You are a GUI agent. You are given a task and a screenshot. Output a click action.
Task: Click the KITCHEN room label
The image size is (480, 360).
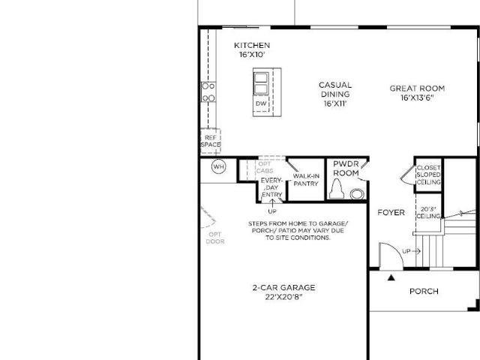pos(252,45)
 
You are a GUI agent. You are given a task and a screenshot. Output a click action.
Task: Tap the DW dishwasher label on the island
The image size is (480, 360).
pos(261,103)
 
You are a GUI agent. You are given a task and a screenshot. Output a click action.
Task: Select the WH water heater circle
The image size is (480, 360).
pos(219,166)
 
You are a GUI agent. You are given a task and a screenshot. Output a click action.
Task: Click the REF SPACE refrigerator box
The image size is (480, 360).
pos(211,141)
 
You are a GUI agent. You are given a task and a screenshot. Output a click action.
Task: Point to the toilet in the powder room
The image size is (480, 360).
pos(337,188)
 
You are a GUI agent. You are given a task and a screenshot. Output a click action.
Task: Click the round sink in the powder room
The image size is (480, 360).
pos(357,194)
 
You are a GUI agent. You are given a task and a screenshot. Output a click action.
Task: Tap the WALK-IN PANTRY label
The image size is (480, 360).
pos(306,180)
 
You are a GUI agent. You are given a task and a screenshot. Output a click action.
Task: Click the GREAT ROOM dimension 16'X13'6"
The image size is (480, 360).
pos(418,98)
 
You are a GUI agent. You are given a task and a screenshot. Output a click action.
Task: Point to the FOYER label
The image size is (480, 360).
pos(391,212)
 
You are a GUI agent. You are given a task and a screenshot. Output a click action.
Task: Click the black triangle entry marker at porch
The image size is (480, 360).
pos(391,277)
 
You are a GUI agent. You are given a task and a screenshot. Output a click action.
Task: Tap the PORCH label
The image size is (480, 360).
pos(424,291)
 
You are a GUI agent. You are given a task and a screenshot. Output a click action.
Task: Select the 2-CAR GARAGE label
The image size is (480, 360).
pos(283,288)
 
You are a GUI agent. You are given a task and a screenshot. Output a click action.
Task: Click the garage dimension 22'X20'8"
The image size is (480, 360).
pos(283,297)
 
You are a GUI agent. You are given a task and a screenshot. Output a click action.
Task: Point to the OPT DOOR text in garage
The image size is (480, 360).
pos(215,238)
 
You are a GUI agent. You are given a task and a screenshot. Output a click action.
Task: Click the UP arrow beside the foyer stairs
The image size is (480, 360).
pos(416,251)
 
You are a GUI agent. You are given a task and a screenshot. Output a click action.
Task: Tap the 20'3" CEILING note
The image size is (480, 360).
pos(428,213)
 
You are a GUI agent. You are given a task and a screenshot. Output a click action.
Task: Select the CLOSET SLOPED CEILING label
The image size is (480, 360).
pos(428,175)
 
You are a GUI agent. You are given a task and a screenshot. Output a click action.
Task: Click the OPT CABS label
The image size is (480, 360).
pos(265,167)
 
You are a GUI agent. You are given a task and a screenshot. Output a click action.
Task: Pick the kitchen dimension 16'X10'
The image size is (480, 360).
pos(252,55)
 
